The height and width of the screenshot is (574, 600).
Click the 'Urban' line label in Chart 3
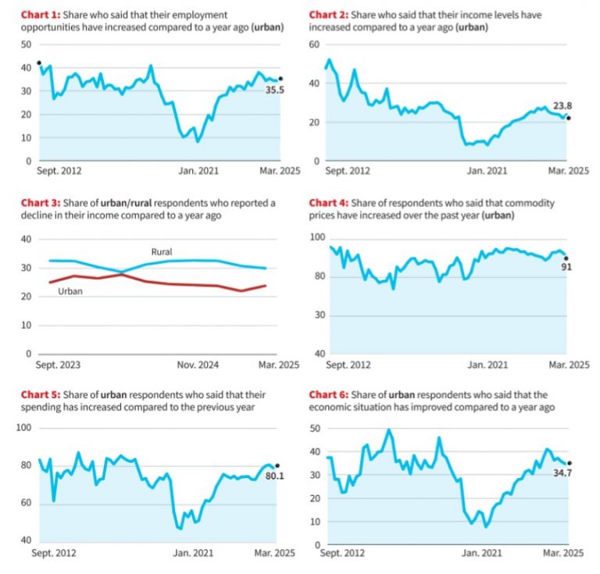(x=71, y=291)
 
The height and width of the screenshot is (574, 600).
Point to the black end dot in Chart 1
(x=280, y=79)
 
